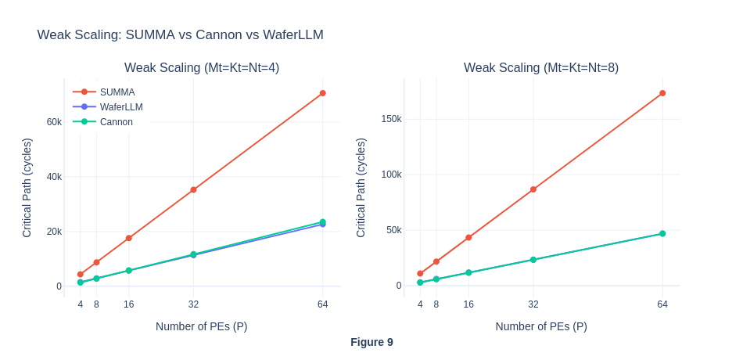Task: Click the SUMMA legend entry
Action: pyautogui.click(x=117, y=92)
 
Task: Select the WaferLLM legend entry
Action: pyautogui.click(x=120, y=106)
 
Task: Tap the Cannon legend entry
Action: pyautogui.click(x=116, y=121)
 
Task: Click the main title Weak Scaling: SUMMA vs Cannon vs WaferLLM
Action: pyautogui.click(x=180, y=34)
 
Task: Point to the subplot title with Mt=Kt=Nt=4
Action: pyautogui.click(x=202, y=67)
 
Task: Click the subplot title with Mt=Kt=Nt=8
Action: pyautogui.click(x=541, y=67)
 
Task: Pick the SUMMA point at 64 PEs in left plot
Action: pyautogui.click(x=322, y=93)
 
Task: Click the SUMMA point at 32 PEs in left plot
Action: pyautogui.click(x=193, y=189)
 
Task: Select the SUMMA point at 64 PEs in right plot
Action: pyautogui.click(x=662, y=93)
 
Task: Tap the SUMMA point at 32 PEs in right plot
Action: pyautogui.click(x=533, y=189)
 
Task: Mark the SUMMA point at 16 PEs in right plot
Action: pyautogui.click(x=468, y=237)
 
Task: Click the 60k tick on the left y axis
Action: pyautogui.click(x=54, y=121)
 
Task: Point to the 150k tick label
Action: pyautogui.click(x=391, y=119)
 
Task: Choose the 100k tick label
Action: pyautogui.click(x=391, y=174)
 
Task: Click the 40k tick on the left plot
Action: pyautogui.click(x=54, y=176)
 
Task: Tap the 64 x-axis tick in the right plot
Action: pyautogui.click(x=662, y=304)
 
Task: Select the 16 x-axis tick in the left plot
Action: pyautogui.click(x=128, y=304)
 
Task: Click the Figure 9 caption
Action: pyautogui.click(x=371, y=342)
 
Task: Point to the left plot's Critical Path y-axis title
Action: pyautogui.click(x=27, y=188)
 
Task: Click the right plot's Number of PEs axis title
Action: pyautogui.click(x=541, y=326)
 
